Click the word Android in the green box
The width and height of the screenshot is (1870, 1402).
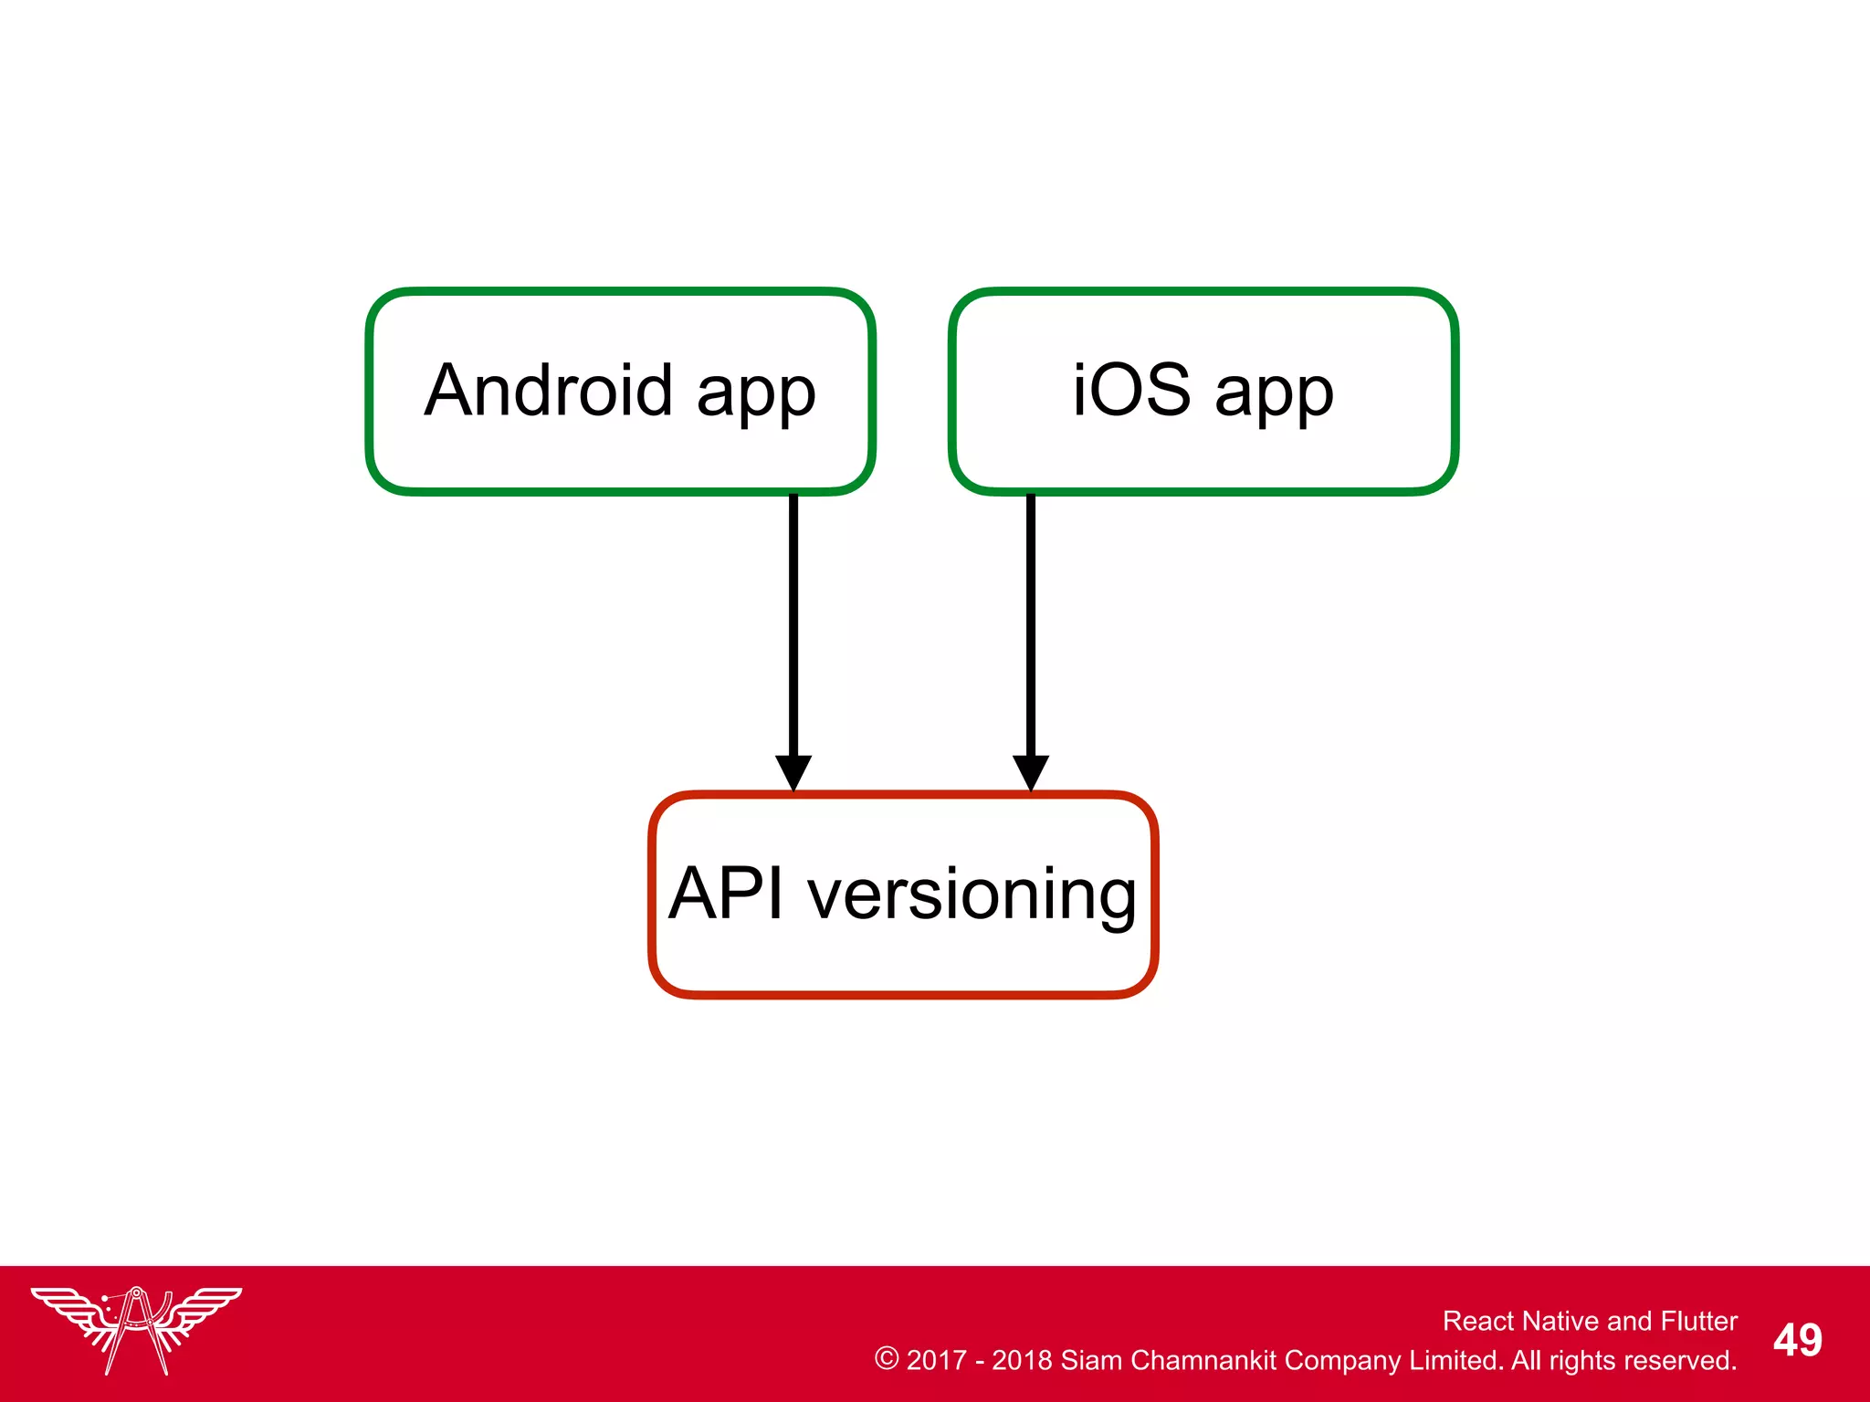point(549,391)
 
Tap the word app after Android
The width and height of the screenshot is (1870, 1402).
point(755,394)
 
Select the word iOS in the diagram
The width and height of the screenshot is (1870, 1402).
point(1131,391)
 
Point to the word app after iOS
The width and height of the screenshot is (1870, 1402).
point(1274,394)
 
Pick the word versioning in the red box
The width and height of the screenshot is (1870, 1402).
point(972,896)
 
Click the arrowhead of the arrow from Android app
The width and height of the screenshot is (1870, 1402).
point(793,772)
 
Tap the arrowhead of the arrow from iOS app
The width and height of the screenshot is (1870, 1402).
point(1031,772)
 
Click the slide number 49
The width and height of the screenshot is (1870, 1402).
point(1797,1341)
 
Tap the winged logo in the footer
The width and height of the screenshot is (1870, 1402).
point(136,1329)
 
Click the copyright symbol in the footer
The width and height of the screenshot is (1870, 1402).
point(887,1358)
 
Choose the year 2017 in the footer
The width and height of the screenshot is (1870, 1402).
point(936,1360)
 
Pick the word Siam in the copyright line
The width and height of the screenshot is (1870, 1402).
point(1091,1360)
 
